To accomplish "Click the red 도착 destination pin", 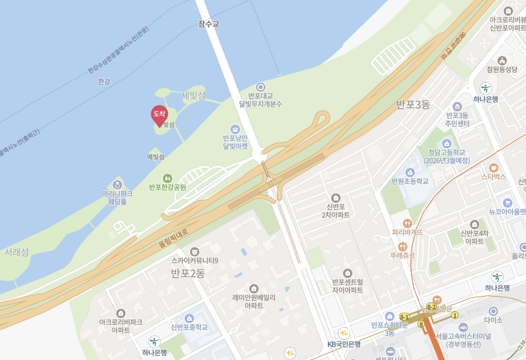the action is [159, 114].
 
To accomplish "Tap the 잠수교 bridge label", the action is [209, 24].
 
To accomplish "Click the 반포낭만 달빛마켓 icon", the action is [235, 129].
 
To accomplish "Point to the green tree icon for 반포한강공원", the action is [167, 178].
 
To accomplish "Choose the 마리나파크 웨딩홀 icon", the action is [117, 185].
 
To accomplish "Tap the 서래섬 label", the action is [16, 252].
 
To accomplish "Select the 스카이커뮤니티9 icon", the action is [195, 252].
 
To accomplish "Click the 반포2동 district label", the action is [188, 273].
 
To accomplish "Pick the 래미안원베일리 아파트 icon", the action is [254, 288].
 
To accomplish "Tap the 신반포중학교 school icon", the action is [189, 318].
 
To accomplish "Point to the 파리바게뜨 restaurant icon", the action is [408, 223].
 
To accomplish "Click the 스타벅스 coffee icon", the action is [493, 167].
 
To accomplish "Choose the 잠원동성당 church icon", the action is [502, 60].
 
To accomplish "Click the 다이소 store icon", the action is [493, 311].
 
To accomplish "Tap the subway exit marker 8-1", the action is [404, 317].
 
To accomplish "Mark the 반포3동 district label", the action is [413, 105].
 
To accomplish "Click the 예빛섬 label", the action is [155, 157].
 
